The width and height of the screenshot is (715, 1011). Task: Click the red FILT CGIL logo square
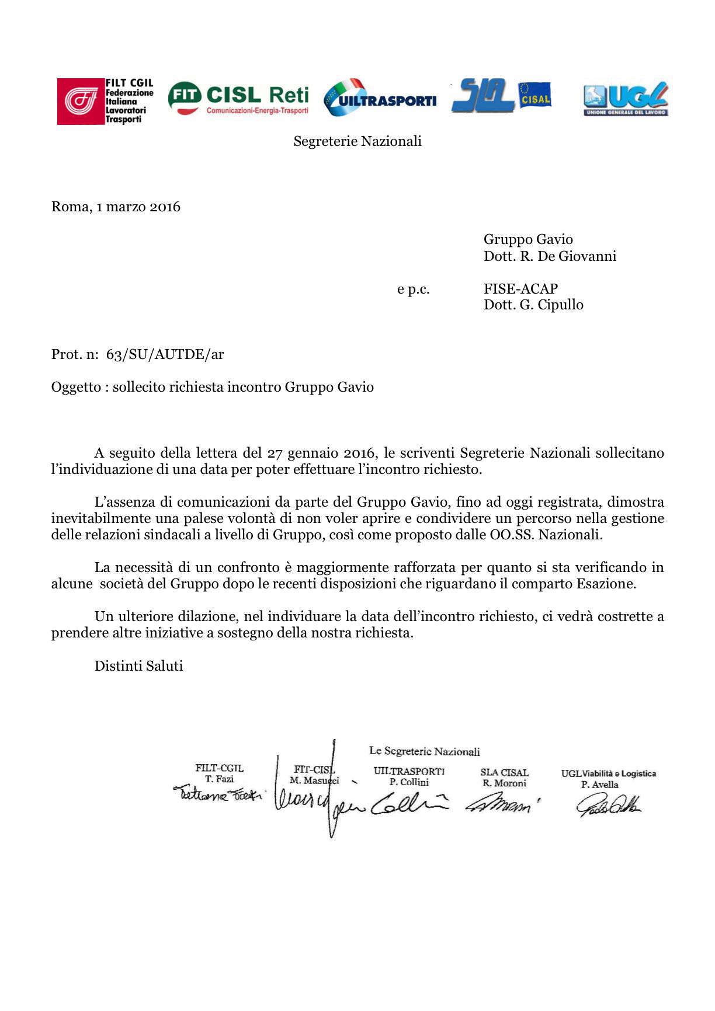tap(81, 102)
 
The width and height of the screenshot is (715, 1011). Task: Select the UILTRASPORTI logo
tap(380, 98)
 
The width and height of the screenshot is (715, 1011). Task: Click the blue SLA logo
tap(483, 95)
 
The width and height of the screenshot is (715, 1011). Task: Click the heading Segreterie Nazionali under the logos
tap(357, 141)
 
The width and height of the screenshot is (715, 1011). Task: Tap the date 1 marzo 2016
tap(138, 207)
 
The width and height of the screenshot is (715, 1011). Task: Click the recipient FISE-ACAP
tap(520, 288)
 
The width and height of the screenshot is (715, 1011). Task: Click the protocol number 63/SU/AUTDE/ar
tap(165, 354)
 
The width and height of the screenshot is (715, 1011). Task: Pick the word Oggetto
tap(76, 387)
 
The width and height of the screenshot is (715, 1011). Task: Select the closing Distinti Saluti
tap(138, 666)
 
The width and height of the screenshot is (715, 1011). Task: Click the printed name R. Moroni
tap(504, 783)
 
